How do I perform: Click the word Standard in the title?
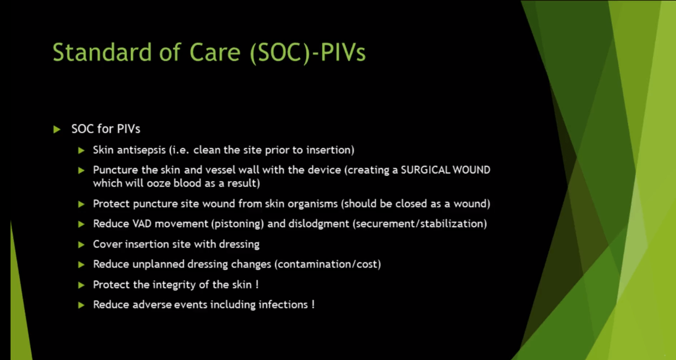[102, 52]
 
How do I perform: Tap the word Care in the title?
[215, 52]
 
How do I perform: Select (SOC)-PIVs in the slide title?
[308, 54]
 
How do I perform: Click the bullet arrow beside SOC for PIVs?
[57, 129]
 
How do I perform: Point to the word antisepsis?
[141, 150]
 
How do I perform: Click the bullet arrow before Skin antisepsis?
[81, 150]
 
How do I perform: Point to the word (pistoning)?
[238, 224]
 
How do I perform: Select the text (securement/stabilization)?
[420, 224]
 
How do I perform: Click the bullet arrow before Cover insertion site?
[81, 244]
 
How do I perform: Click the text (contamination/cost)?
[328, 265]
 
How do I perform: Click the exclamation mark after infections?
[313, 304]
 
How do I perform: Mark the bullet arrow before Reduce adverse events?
[81, 305]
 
